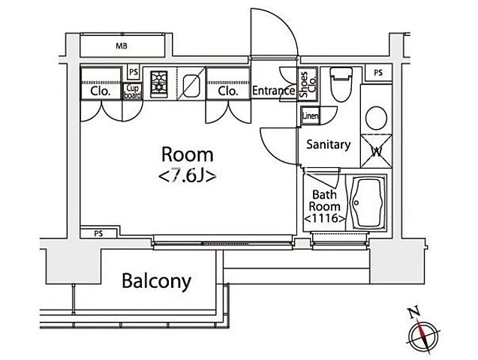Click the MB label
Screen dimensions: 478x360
click(122, 46)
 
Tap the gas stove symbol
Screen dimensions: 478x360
click(159, 82)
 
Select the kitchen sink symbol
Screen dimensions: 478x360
click(191, 84)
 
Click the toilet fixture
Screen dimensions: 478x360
click(341, 84)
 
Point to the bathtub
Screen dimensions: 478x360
click(367, 202)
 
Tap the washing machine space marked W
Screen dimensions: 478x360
click(377, 151)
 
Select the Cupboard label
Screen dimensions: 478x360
click(133, 91)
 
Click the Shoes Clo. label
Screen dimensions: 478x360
click(308, 84)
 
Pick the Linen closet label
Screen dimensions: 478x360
click(311, 115)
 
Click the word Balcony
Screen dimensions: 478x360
click(157, 281)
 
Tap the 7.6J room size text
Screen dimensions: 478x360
click(187, 176)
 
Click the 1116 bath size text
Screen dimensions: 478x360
click(325, 218)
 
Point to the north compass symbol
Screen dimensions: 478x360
click(422, 333)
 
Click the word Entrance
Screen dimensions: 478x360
click(274, 91)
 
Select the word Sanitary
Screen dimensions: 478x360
click(329, 144)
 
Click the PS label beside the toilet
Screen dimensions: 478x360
click(378, 73)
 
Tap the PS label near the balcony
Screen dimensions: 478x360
click(98, 234)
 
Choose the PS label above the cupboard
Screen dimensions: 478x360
click(134, 72)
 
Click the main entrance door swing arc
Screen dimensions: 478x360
click(287, 22)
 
